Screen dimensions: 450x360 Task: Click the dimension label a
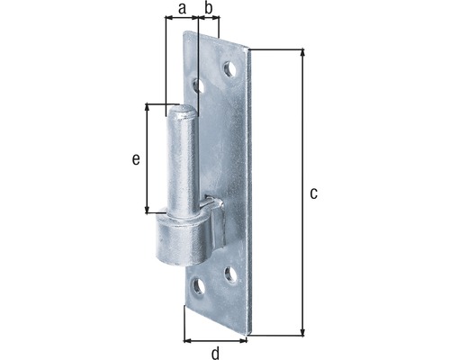coord(182,9)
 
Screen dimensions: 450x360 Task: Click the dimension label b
coord(209,8)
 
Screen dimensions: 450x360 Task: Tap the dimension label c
coord(313,193)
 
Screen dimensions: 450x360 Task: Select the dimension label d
coord(215,353)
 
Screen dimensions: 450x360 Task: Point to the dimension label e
coord(136,159)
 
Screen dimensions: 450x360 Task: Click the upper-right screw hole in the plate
coord(229,69)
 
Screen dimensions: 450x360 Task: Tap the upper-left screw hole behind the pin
coord(198,86)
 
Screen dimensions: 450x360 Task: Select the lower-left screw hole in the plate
coord(199,286)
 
